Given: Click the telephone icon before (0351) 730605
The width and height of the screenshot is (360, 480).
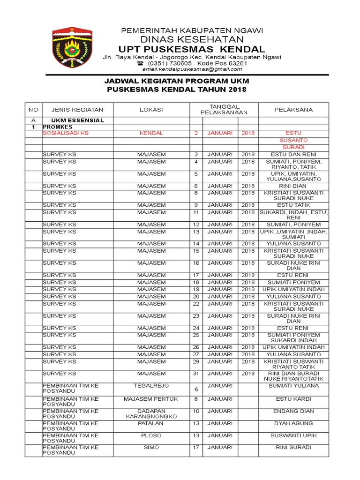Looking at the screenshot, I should point(140,63).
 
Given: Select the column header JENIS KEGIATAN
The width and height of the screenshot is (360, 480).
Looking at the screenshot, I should point(73,110).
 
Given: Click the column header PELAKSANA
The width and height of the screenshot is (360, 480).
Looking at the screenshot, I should point(293,110).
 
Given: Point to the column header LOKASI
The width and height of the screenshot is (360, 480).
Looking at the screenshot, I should point(151,110).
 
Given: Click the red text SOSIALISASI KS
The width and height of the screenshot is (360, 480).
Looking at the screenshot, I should point(65,133).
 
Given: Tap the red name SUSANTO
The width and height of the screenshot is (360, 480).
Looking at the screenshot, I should point(293,140).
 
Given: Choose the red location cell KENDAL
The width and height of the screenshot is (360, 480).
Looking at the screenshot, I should point(151,133).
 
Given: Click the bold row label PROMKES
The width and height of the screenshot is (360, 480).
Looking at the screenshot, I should point(58,127).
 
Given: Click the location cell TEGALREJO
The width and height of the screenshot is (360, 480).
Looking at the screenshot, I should point(151,386).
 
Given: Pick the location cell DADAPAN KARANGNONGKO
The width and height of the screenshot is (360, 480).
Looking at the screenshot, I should point(151,414).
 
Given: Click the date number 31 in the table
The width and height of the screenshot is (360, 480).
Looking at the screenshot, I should point(196,374).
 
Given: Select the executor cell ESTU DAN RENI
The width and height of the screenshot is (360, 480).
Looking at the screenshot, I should point(293,155).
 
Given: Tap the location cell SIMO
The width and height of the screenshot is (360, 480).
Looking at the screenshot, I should point(151,448).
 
